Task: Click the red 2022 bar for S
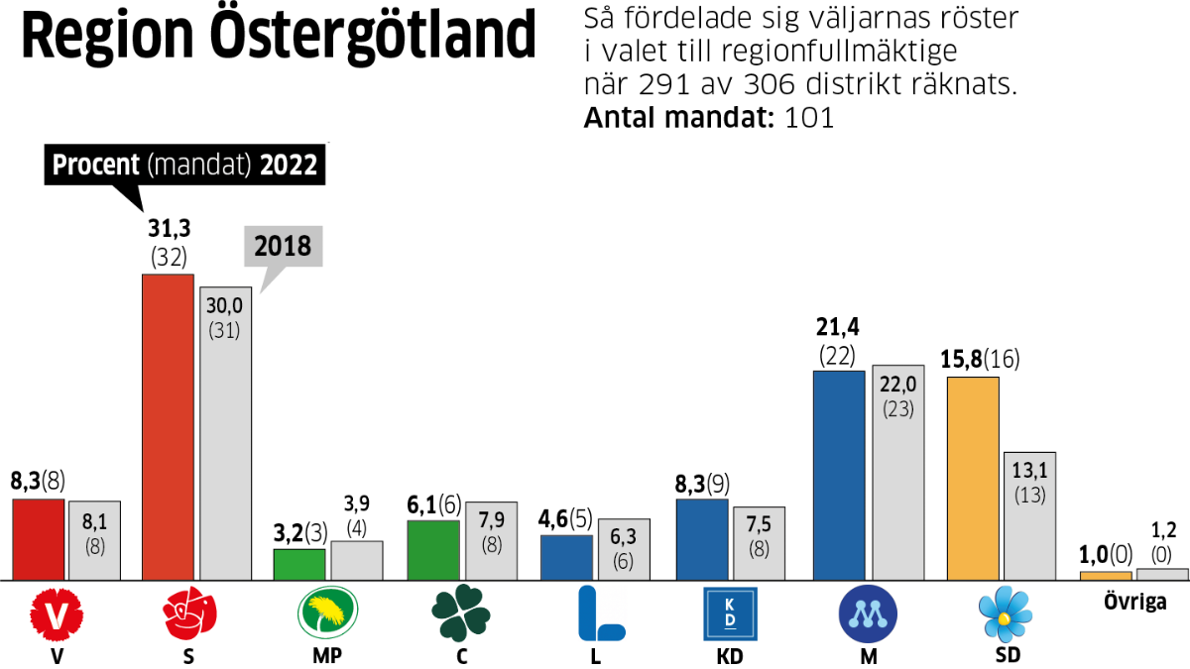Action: (168, 426)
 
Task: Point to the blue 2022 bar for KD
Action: (702, 539)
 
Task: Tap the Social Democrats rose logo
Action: (190, 614)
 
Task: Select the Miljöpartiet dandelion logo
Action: (326, 614)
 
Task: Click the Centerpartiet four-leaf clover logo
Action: (460, 614)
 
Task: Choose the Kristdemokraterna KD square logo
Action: (729, 614)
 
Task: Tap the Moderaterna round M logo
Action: (868, 614)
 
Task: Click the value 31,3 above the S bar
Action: (170, 229)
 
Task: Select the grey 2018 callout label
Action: (285, 246)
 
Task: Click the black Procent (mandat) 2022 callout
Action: (184, 165)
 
